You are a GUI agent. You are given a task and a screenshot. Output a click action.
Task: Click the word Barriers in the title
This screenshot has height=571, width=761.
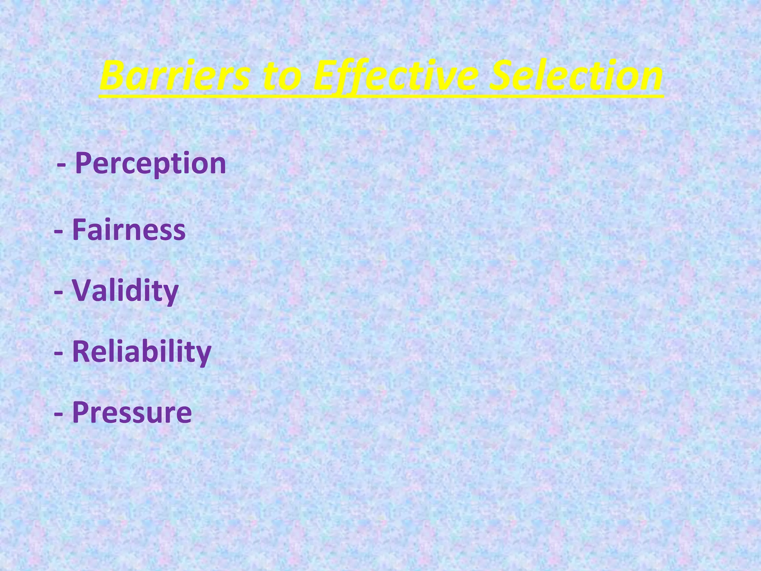pos(175,76)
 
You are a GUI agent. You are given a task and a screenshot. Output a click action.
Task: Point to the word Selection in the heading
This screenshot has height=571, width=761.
pos(576,76)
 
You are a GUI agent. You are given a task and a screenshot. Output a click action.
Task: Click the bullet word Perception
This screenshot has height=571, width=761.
pos(150,164)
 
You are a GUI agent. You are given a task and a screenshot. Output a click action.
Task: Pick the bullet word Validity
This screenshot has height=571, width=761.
pos(125,291)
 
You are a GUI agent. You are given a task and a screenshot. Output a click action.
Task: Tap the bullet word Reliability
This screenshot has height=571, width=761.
pos(142,352)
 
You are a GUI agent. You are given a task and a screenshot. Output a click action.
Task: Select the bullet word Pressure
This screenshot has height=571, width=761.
pos(132,412)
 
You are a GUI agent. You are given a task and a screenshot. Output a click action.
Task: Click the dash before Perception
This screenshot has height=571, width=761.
pos(62,165)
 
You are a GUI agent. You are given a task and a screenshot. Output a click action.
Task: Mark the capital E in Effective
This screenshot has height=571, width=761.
pos(325,76)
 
